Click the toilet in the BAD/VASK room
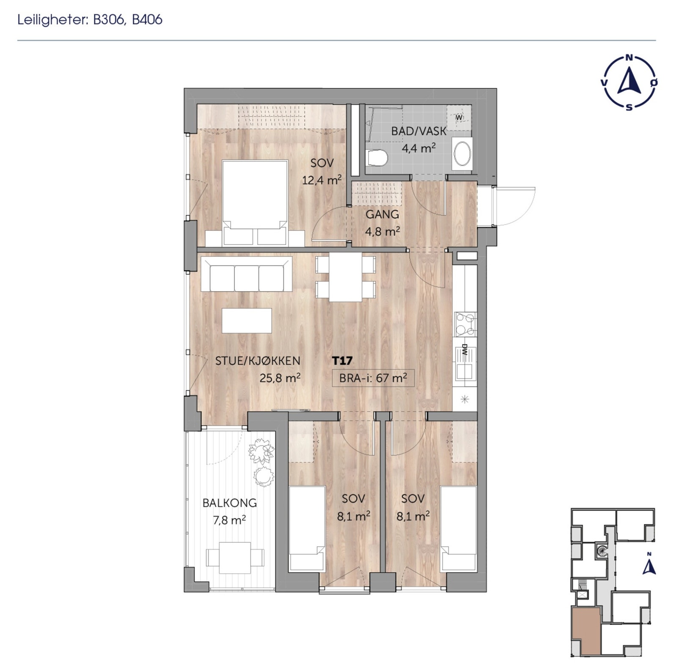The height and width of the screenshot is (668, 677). point(377,158)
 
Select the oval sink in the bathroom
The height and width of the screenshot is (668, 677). point(462,153)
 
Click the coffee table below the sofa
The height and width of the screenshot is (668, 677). point(247,320)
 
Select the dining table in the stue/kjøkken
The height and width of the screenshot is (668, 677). point(345,277)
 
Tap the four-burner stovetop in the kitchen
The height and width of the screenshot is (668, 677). point(465,324)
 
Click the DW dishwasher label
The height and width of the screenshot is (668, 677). point(464,349)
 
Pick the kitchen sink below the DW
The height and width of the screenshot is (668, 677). point(464,371)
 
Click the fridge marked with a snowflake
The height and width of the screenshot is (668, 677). point(465,399)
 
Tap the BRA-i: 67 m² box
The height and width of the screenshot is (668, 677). point(373,378)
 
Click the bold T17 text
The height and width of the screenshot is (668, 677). point(342,361)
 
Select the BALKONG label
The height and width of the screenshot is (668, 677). point(229,503)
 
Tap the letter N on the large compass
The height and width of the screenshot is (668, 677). point(629,58)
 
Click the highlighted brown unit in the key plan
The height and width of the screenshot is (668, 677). point(586,631)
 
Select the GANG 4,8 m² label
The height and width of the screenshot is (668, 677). point(382,222)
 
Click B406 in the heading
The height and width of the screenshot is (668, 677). point(147,20)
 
